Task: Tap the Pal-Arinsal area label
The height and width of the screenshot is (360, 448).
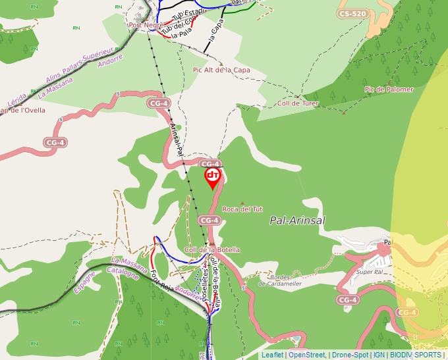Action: pyautogui.click(x=297, y=221)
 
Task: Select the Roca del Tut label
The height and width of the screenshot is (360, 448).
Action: pyautogui.click(x=242, y=209)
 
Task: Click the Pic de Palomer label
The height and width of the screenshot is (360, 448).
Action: pyautogui.click(x=389, y=90)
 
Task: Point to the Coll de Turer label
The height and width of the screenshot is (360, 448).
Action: pyautogui.click(x=298, y=103)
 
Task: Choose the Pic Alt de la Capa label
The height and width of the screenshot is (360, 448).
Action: pyautogui.click(x=221, y=70)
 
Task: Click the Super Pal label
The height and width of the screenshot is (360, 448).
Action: pyautogui.click(x=369, y=272)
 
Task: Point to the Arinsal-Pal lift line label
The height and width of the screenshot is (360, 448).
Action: pyautogui.click(x=176, y=139)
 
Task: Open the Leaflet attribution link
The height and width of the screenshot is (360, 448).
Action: pyautogui.click(x=272, y=355)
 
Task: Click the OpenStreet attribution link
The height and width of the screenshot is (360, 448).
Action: pyautogui.click(x=307, y=355)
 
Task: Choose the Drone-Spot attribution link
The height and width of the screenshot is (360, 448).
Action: pyautogui.click(x=350, y=355)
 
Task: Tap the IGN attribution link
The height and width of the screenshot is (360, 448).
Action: pyautogui.click(x=379, y=355)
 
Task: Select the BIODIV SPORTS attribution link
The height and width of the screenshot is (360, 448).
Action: pyautogui.click(x=416, y=355)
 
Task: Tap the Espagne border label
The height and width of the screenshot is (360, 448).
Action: pyautogui.click(x=85, y=282)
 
